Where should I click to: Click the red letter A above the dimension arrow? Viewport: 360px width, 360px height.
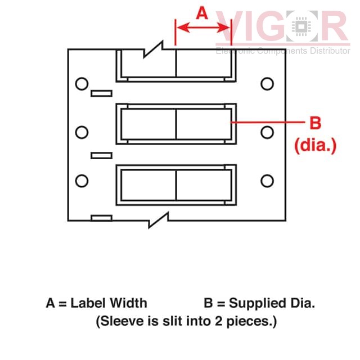[x=202, y=13]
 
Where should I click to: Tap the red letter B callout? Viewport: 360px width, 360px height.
[x=315, y=123]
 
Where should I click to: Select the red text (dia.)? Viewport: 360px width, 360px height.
[x=315, y=145]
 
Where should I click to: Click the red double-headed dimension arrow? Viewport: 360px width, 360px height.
[x=203, y=28]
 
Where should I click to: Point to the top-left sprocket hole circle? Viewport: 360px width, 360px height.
[x=82, y=84]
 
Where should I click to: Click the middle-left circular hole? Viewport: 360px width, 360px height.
[x=82, y=132]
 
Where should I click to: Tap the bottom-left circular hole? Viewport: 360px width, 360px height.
[x=82, y=181]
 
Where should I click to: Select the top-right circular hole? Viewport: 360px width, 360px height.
[x=267, y=84]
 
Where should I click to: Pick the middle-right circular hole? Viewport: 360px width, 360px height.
[x=267, y=132]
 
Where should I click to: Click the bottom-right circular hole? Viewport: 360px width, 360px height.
[x=267, y=181]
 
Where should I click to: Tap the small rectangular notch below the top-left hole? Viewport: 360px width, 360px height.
[x=101, y=93]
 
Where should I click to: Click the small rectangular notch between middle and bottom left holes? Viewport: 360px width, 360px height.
[x=101, y=155]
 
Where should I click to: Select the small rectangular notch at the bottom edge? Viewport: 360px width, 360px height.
[x=101, y=218]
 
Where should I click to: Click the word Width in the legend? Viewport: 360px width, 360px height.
[x=128, y=303]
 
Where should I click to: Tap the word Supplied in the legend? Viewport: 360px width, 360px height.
[x=258, y=304]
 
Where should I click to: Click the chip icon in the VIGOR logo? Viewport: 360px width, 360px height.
[x=301, y=26]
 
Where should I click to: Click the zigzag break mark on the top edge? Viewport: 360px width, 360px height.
[x=154, y=49]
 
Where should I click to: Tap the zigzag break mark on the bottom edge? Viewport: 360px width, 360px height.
[x=159, y=220]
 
